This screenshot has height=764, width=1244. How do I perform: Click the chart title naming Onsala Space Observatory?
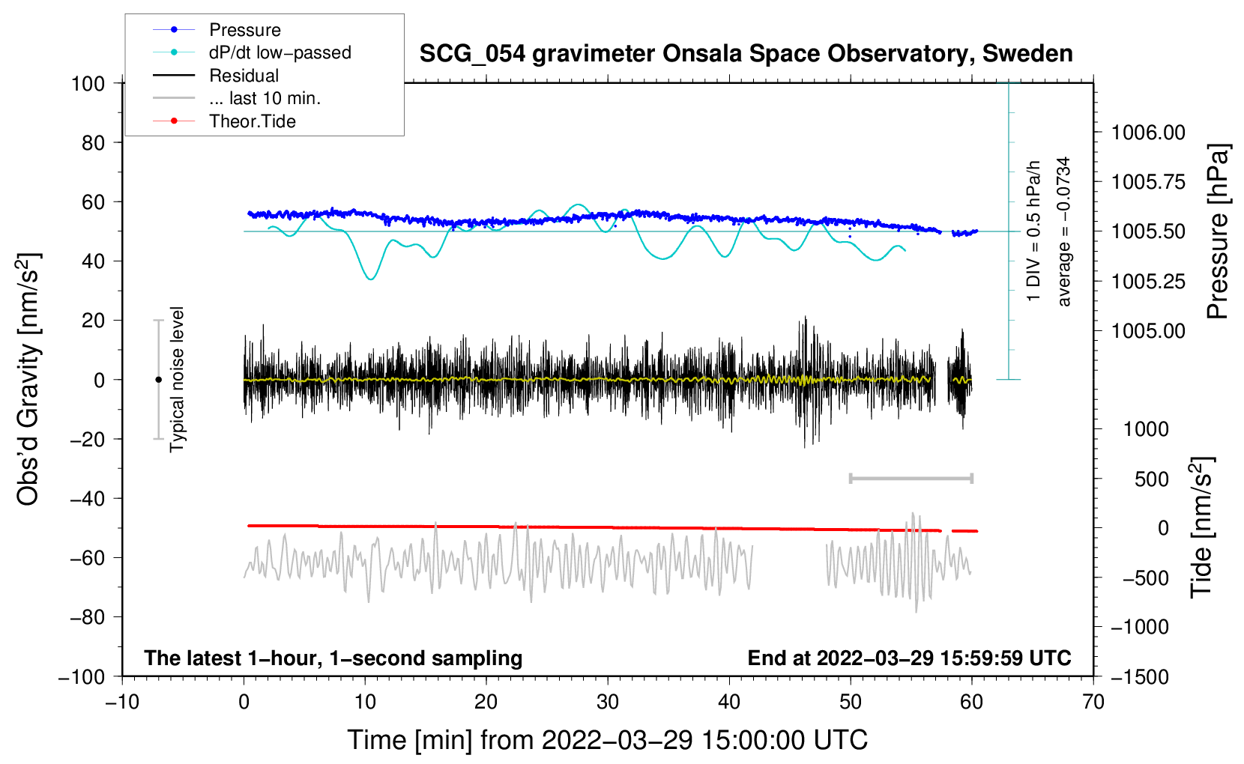point(746,54)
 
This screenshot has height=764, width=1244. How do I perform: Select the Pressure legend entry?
point(244,30)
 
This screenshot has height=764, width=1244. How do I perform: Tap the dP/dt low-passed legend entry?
point(280,52)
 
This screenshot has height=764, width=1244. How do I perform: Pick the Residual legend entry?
point(244,76)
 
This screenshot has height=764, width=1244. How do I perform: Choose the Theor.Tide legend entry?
point(252,121)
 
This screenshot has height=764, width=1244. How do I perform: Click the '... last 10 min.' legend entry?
point(265,98)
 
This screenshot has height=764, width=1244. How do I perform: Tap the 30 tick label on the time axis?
point(608,702)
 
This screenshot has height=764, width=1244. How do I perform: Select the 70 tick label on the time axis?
point(1093,702)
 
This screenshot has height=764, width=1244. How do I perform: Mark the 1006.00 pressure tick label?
point(1148,133)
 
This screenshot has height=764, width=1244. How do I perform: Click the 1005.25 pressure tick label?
point(1148,282)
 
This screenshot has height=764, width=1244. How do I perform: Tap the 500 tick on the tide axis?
point(1151,479)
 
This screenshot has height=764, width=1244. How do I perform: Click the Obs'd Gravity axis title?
point(28,380)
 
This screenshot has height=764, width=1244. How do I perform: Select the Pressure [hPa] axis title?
point(1218,231)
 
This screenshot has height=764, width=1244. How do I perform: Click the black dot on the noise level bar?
point(158,380)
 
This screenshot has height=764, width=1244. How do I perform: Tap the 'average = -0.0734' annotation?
point(1064,231)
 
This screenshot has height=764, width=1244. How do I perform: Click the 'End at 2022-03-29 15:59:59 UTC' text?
point(909,658)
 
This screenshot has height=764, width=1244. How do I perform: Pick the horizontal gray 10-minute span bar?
point(911,478)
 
